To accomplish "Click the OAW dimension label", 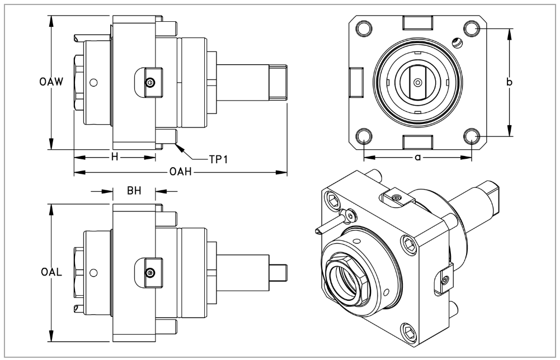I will coord(50,82).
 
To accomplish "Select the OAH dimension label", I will coord(181,172).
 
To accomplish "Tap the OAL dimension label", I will coord(51,273).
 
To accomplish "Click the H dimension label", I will coord(115,157).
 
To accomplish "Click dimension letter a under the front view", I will coord(417,158).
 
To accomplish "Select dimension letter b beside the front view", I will coord(509,82).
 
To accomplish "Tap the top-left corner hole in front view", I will coord(364,28).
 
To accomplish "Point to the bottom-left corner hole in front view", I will coord(364,135).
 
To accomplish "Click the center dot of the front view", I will coord(417,82).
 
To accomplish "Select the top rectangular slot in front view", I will coord(417,23).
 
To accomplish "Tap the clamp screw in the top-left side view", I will coord(149,83).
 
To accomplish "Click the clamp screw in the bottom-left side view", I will coord(149,273).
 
